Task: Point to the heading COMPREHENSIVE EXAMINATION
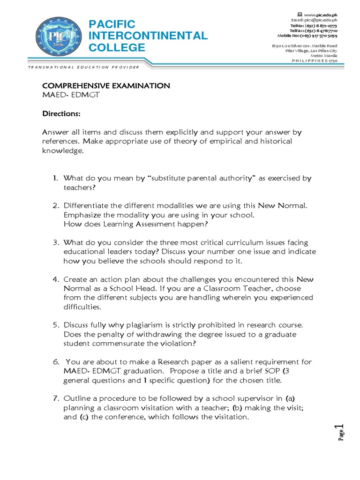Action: pos(106,86)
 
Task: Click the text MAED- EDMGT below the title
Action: pos(71,96)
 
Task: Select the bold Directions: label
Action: pos(61,114)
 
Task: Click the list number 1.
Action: pos(55,178)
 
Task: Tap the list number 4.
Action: pos(55,279)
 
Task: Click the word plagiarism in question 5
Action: pos(140,325)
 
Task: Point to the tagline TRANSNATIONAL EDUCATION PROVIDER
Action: pos(84,67)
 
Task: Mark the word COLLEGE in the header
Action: pos(117,47)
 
